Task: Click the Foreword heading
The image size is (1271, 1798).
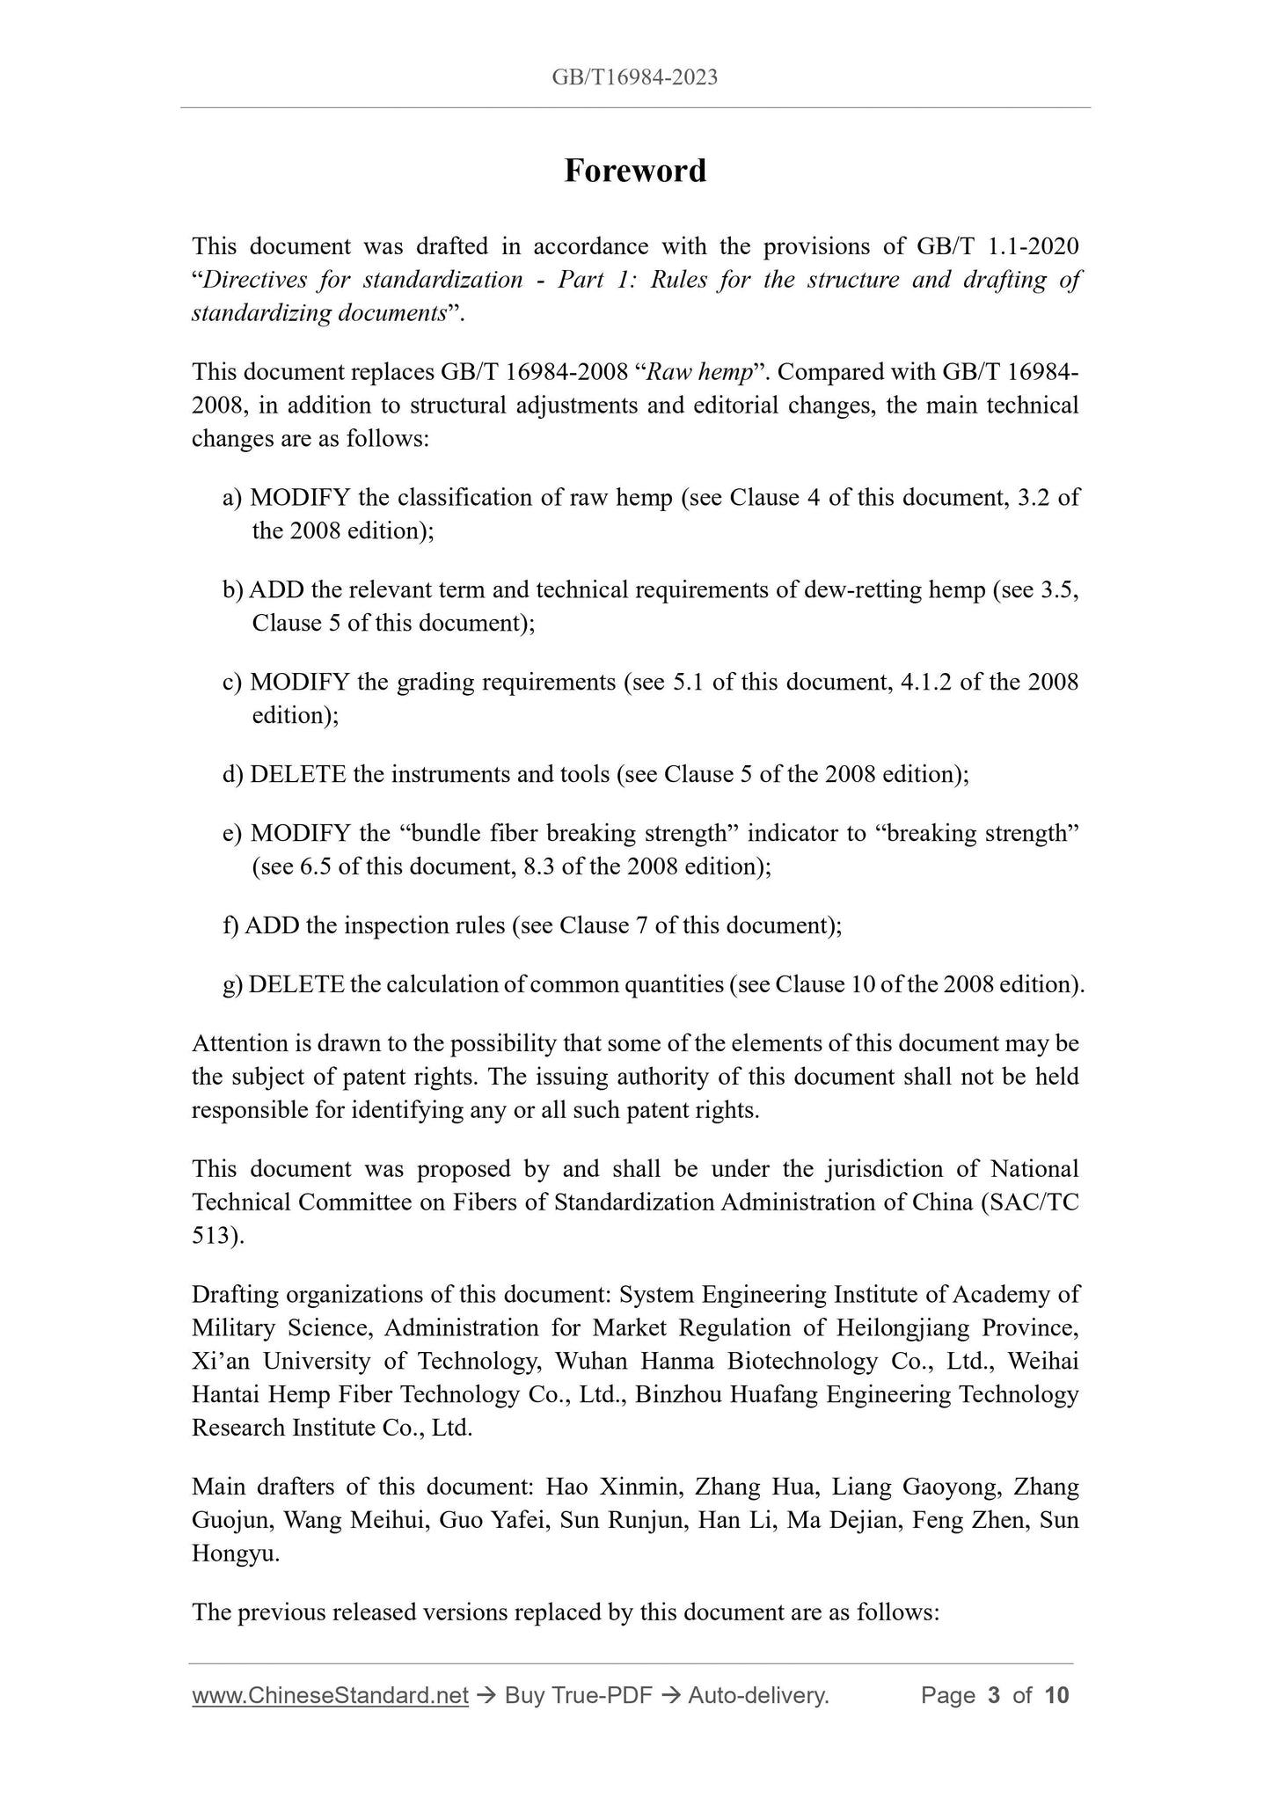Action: [x=635, y=171]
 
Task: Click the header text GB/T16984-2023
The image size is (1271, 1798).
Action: [x=635, y=77]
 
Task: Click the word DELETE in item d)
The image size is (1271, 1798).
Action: [x=298, y=774]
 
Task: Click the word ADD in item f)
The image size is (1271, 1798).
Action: [x=272, y=925]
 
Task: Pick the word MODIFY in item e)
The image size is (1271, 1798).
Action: [x=300, y=833]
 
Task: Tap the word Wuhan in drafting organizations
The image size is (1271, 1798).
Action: [x=592, y=1361]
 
